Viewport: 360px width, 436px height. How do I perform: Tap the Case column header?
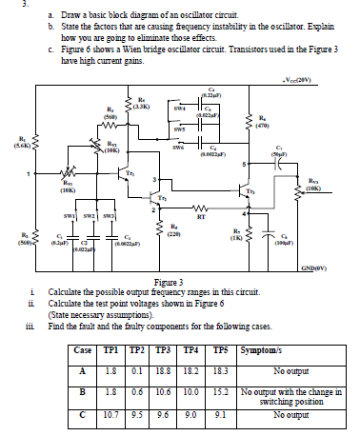109,351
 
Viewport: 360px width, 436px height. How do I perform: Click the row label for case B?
109,390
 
